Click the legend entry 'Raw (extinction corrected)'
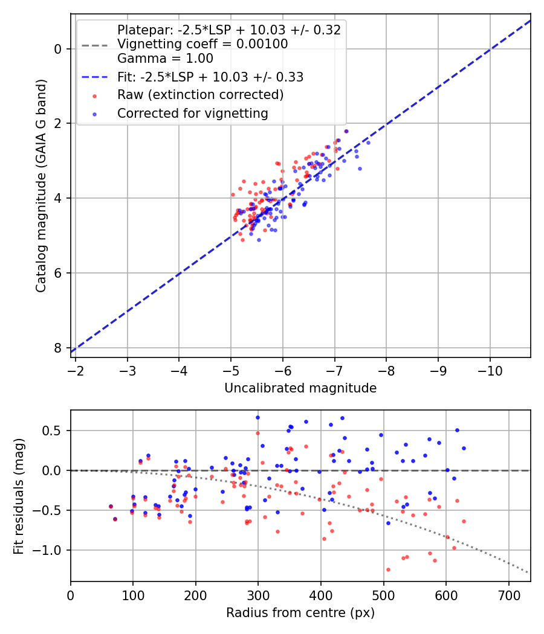(x=200, y=95)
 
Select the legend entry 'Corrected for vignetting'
(x=193, y=113)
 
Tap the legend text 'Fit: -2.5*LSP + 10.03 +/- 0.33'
(x=210, y=77)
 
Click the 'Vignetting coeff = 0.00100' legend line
(x=202, y=44)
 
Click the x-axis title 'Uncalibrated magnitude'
(x=300, y=388)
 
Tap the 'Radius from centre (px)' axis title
(x=300, y=613)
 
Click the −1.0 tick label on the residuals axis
(x=50, y=550)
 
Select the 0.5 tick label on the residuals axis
(x=54, y=431)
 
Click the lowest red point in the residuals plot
(x=388, y=569)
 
